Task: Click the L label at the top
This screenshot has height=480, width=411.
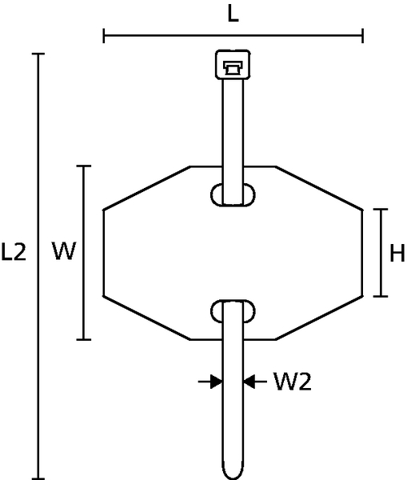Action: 233,14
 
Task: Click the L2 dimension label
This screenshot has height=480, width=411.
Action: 14,252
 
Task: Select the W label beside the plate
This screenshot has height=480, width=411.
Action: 64,250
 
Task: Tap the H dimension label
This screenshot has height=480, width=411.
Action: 397,253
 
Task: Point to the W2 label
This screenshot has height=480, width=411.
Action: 293,382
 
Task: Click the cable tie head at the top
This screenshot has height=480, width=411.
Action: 233,64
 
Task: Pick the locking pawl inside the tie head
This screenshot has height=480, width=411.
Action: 233,68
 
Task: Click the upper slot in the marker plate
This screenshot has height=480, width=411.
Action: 233,195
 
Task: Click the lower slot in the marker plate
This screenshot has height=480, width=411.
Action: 233,311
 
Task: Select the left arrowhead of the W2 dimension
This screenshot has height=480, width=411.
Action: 217,382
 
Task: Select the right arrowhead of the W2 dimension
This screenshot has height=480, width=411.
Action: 249,382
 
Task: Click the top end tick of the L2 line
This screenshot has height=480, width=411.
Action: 38,54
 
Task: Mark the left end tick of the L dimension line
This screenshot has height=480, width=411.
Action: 104,35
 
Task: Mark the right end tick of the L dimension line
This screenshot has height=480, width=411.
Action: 363,35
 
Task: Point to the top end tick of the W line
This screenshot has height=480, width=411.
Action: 84,166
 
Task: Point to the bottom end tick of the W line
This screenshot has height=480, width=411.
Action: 84,339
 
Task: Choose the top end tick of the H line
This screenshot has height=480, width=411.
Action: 381,210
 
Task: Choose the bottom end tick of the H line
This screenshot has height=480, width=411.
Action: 381,296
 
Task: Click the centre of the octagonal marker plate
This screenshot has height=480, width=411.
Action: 233,253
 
